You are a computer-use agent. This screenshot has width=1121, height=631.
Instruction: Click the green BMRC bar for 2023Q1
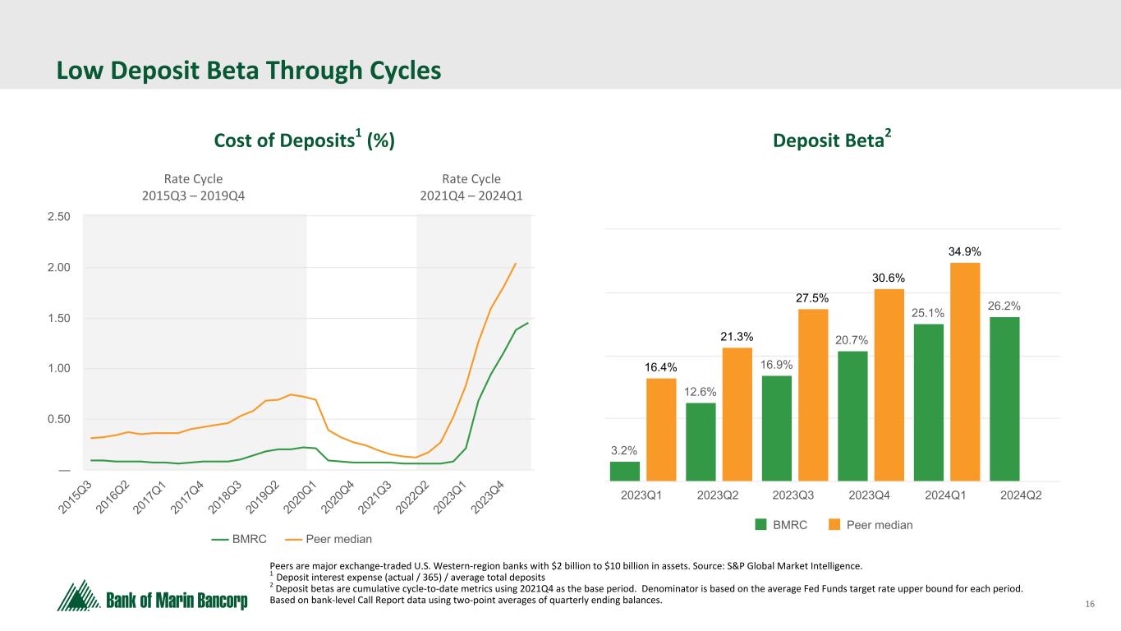[624, 471]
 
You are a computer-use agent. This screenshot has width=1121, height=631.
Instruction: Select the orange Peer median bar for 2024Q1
[965, 371]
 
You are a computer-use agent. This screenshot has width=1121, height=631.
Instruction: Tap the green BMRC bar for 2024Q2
[1004, 398]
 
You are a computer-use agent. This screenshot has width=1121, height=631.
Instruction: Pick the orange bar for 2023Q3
[813, 394]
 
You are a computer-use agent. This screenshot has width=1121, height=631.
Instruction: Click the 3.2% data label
[624, 450]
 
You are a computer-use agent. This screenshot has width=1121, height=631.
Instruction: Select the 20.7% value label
[852, 340]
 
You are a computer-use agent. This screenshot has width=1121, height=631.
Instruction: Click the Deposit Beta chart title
[832, 141]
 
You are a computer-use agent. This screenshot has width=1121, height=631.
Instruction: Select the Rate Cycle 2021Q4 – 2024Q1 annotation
[471, 187]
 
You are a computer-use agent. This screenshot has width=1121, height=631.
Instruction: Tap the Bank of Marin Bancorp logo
[153, 596]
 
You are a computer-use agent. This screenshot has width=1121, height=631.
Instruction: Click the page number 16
[1090, 606]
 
